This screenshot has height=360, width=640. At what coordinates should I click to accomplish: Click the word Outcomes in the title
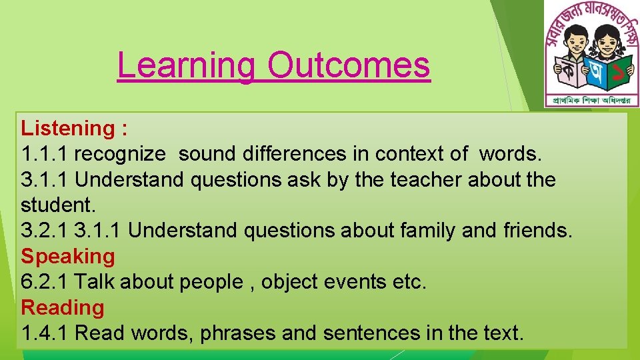pos(349,65)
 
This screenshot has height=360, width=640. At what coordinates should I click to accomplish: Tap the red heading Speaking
pos(68,256)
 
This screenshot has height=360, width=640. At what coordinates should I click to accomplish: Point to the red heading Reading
pos(63,307)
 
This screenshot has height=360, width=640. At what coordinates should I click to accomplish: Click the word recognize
pos(119,154)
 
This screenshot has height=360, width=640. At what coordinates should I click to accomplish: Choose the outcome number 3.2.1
pos(45,231)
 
